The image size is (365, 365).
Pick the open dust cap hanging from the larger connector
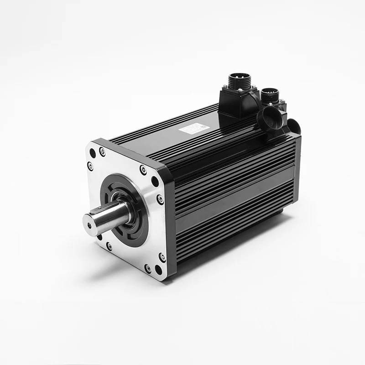click(x=268, y=120)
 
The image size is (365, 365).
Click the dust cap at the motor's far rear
click(x=294, y=127)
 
